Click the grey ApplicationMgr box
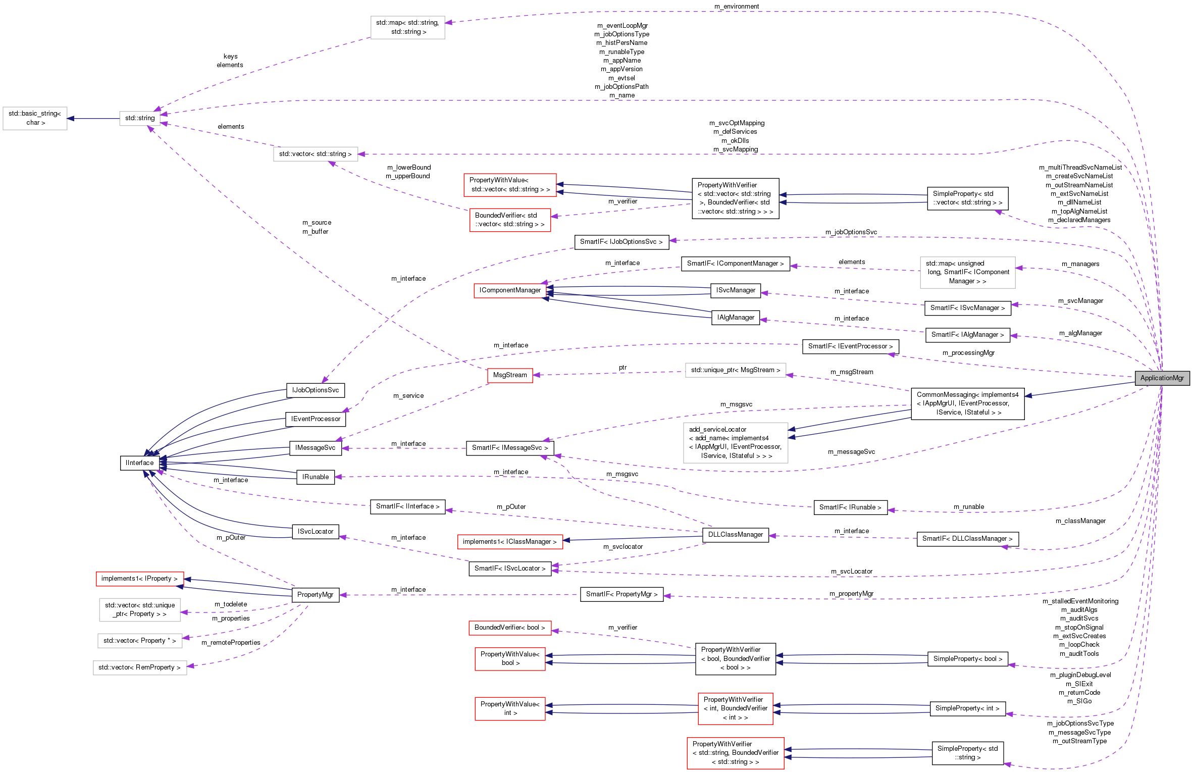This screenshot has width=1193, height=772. pyautogui.click(x=1162, y=378)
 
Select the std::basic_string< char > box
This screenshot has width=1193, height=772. pyautogui.click(x=35, y=118)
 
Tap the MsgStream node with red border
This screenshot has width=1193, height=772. pyautogui.click(x=510, y=375)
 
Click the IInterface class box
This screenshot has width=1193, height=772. pyautogui.click(x=140, y=463)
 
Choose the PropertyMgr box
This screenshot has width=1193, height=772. pyautogui.click(x=315, y=595)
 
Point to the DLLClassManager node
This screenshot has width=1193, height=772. pyautogui.click(x=735, y=535)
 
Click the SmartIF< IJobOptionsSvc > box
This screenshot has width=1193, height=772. pyautogui.click(x=621, y=242)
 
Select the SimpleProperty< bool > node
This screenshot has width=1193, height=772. pyautogui.click(x=967, y=659)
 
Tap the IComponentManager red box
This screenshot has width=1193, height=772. pyautogui.click(x=510, y=290)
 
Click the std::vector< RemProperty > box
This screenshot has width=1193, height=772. pyautogui.click(x=139, y=667)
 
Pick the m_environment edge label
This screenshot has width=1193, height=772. pyautogui.click(x=737, y=7)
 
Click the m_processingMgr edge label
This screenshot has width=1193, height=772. pyautogui.click(x=968, y=353)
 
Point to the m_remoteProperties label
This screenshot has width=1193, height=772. pyautogui.click(x=231, y=643)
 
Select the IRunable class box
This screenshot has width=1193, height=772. pyautogui.click(x=316, y=477)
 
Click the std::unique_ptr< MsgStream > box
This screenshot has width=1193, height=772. pyautogui.click(x=735, y=370)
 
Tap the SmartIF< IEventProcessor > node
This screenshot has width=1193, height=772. pyautogui.click(x=850, y=346)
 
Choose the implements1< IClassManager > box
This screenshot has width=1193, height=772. pyautogui.click(x=509, y=542)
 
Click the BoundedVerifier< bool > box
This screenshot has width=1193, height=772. pyautogui.click(x=509, y=628)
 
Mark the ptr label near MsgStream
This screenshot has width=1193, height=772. pyautogui.click(x=623, y=368)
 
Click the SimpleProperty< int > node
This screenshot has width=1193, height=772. pyautogui.click(x=967, y=708)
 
